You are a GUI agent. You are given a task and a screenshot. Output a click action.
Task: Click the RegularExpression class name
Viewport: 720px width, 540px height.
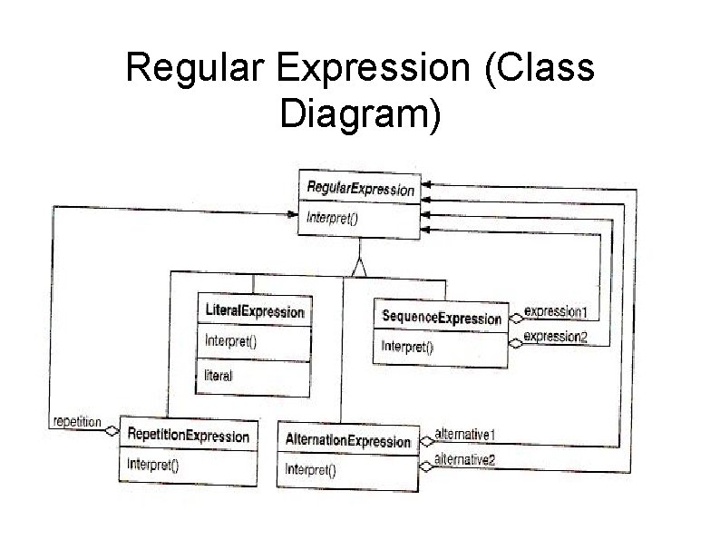coord(360,190)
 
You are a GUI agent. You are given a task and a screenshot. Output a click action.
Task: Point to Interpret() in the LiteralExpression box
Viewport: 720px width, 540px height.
coord(232,341)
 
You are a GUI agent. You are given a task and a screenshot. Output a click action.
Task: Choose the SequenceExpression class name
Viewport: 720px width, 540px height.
coord(441,318)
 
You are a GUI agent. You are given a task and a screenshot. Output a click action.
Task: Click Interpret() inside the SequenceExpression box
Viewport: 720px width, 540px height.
coord(407,346)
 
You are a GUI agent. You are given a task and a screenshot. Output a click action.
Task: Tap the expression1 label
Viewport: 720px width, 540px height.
coord(556,312)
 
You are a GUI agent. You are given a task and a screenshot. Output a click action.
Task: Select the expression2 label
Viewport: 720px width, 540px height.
coord(556,338)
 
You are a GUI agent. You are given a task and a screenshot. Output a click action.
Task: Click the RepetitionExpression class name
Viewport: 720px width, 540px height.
coord(189,437)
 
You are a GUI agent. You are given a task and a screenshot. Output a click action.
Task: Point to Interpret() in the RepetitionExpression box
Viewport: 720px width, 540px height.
coord(153,466)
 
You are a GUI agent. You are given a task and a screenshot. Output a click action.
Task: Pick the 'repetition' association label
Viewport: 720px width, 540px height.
coord(77,422)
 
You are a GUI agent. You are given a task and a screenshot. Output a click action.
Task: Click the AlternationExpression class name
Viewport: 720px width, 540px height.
coord(347,441)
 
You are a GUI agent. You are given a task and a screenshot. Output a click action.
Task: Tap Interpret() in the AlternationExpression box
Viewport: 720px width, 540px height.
coord(311,469)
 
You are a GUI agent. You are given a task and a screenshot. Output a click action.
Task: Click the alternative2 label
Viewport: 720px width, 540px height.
coord(465,460)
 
